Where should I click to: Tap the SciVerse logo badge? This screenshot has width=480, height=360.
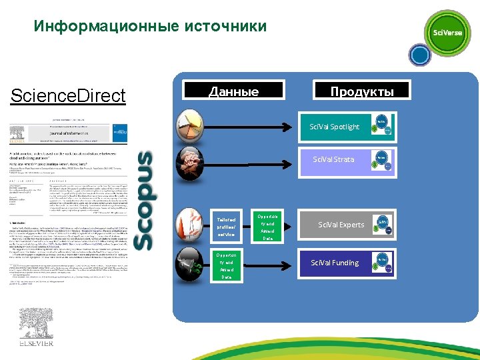tap(448, 32)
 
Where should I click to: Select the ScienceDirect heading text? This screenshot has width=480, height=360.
tap(68, 96)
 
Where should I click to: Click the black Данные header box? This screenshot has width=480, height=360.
tap(233, 91)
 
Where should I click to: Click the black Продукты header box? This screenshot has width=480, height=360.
tap(362, 91)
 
